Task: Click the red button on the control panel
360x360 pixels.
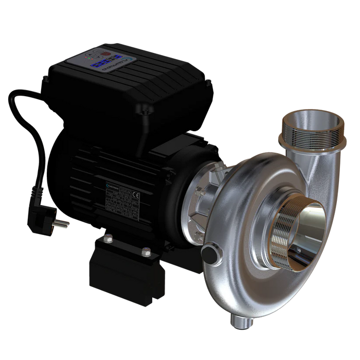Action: pyautogui.click(x=105, y=54)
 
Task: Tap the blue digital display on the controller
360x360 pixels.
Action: pyautogui.click(x=105, y=61)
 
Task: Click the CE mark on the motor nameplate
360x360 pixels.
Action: pyautogui.click(x=135, y=195)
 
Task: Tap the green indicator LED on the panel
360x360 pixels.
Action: pyautogui.click(x=89, y=58)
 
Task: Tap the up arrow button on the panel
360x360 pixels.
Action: pyautogui.click(x=90, y=55)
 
